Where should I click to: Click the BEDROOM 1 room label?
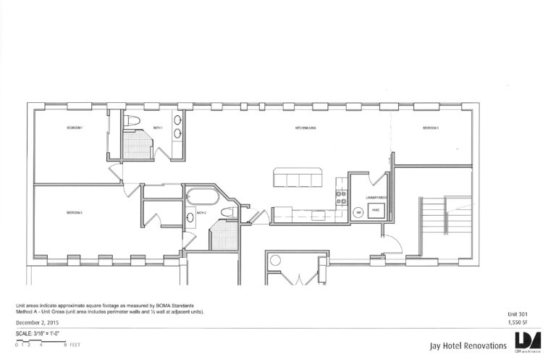coord(75,128)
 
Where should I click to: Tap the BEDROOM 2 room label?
coord(75,213)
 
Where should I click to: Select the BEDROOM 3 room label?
coord(431,128)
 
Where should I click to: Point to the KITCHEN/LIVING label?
coord(307,128)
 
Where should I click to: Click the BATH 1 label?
coord(158,128)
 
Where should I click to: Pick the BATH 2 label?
coord(202,213)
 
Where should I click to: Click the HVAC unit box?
coord(375,211)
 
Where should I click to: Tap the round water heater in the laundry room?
coord(358,212)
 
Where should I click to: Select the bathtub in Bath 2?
coord(200,196)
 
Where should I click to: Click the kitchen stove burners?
coord(339,196)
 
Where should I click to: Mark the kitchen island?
coord(298,178)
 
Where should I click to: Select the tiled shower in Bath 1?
coord(137,143)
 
